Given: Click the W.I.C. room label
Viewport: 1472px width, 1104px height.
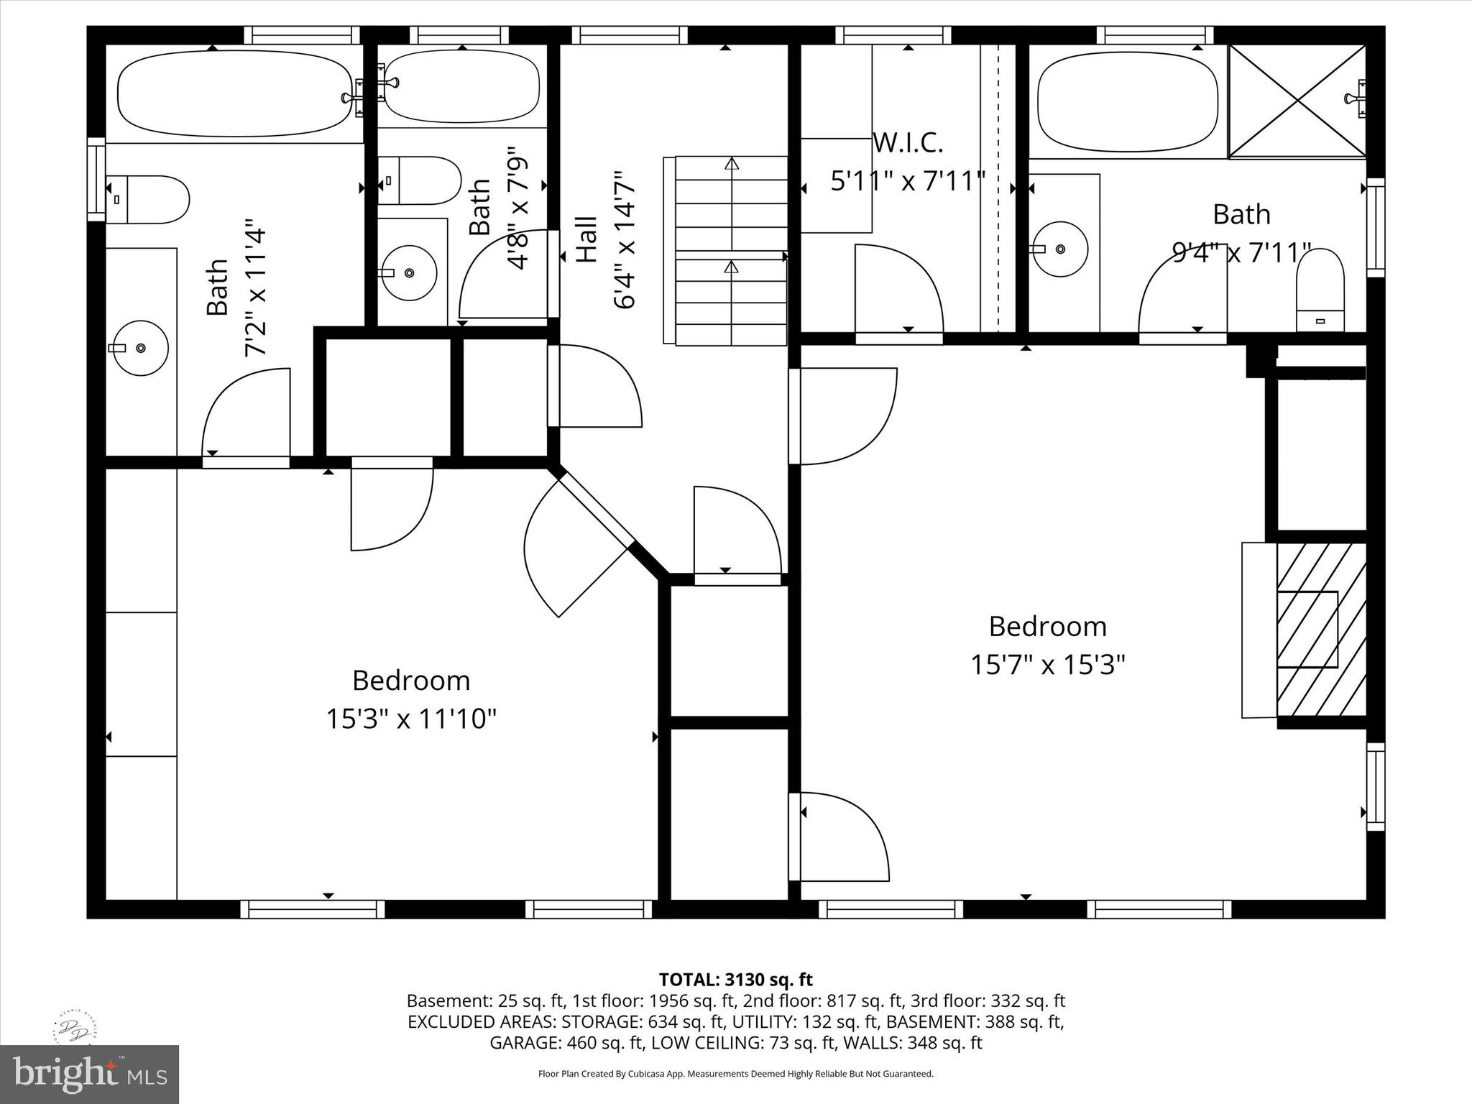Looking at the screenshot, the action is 907,143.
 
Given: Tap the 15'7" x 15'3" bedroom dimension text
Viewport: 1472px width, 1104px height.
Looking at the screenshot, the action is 1047,664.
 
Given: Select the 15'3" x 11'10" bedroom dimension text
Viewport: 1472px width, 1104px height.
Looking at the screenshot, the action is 411,718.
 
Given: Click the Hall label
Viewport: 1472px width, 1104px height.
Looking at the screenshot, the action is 587,239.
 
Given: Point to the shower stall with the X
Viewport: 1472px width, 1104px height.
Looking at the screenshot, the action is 1297,101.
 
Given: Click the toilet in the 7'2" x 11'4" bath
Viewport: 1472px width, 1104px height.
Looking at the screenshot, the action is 147,199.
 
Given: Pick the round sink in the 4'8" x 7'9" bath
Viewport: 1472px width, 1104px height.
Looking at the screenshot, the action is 408,273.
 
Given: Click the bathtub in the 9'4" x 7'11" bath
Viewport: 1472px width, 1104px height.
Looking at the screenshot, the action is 1128,101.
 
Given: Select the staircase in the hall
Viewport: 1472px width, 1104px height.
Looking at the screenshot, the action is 725,251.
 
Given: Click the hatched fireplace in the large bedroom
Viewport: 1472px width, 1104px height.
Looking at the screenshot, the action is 1321,630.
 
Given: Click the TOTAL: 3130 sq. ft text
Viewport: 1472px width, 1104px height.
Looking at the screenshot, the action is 735,979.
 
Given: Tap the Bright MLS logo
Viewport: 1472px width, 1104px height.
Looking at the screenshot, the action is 89,1074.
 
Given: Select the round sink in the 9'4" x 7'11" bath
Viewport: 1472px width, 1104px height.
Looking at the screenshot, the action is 1059,249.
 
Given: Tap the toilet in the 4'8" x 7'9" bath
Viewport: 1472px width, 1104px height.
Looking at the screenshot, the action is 420,180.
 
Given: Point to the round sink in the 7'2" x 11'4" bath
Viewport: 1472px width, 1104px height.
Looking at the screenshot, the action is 140,348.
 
